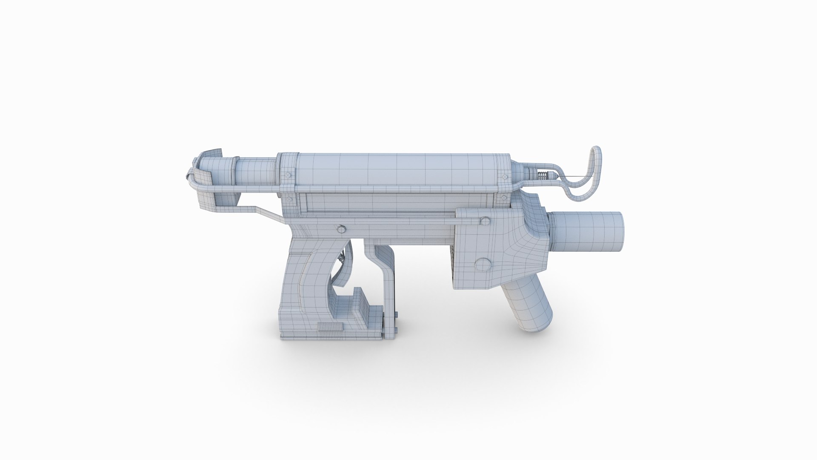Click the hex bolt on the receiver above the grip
[341, 229]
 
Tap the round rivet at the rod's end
[484, 220]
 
